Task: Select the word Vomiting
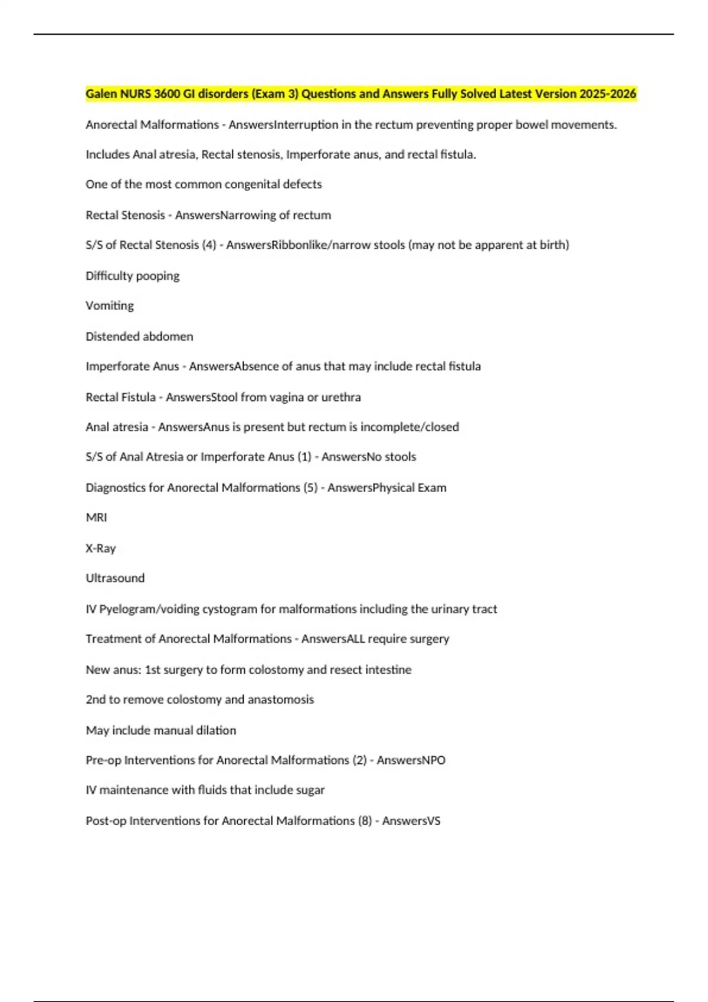coord(110,305)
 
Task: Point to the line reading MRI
coord(96,517)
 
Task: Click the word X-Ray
coord(100,548)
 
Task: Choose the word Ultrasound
coord(115,578)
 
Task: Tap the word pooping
coord(158,276)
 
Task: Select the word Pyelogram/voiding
coord(149,609)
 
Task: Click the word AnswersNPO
coord(411,760)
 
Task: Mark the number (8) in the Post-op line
coord(365,820)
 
